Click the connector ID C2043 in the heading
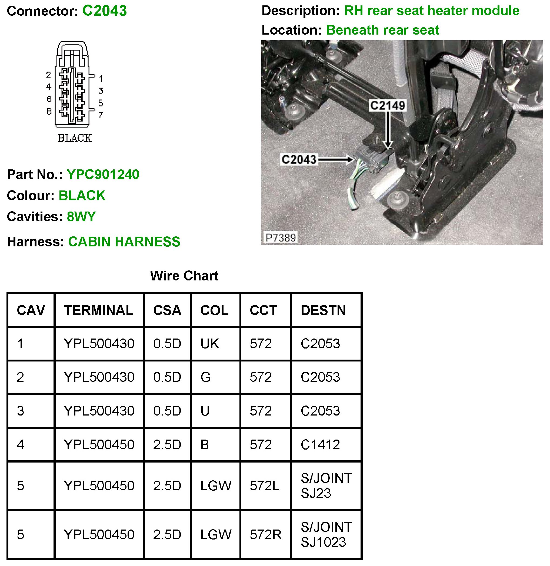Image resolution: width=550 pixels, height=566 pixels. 104,11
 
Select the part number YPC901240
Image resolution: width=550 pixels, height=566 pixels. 103,175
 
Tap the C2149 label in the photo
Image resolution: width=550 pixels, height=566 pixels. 387,105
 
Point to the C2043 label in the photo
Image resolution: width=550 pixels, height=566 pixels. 299,159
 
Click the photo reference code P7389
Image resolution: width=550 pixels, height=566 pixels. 281,238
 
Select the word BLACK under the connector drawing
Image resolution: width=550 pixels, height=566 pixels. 75,138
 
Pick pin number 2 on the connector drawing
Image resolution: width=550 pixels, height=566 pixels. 49,75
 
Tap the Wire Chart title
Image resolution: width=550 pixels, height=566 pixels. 184,276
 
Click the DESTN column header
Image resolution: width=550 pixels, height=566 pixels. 323,310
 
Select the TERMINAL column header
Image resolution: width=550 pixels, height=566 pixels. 99,310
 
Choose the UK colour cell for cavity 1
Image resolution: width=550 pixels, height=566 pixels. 210,344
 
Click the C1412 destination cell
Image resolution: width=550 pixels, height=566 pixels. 320,445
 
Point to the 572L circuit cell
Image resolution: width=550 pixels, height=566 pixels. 264,486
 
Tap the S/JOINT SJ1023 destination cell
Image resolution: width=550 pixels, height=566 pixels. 326,534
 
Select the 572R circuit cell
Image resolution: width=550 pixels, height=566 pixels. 265,534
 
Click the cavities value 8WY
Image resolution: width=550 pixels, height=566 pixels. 81,217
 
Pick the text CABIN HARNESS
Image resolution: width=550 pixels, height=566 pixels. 124,242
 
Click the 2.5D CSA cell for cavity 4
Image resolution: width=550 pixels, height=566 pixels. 167,445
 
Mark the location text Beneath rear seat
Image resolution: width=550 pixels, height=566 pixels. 382,30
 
